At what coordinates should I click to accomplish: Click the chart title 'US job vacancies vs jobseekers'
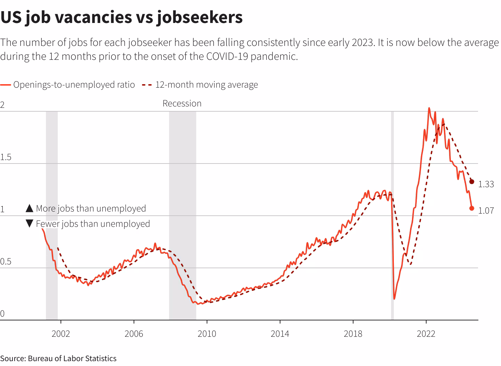pos(121,17)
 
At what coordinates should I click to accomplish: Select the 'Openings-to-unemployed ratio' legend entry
pos(74,85)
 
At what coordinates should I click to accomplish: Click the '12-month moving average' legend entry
pos(206,85)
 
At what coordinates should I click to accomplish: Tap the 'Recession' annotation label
pos(182,104)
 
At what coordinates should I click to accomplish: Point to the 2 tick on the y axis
pos(2,105)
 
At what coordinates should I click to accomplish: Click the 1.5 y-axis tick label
pos(6,157)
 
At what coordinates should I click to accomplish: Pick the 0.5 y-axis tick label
pos(6,262)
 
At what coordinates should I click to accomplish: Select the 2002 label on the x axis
pos(61,334)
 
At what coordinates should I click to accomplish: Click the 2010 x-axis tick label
pos(207,334)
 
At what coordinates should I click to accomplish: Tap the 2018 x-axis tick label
pos(353,334)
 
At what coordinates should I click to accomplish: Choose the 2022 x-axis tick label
pos(426,334)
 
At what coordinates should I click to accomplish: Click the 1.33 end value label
pos(486,184)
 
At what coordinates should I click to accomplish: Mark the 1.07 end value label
pos(486,210)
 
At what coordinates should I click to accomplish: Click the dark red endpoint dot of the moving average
pos(472,182)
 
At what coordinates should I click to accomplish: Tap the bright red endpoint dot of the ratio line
pos(472,208)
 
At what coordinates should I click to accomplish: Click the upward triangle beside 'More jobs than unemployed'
pos(30,208)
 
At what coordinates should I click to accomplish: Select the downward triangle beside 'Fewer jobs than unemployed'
pos(30,224)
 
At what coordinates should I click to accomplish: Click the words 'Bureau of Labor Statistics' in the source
pos(72,359)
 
